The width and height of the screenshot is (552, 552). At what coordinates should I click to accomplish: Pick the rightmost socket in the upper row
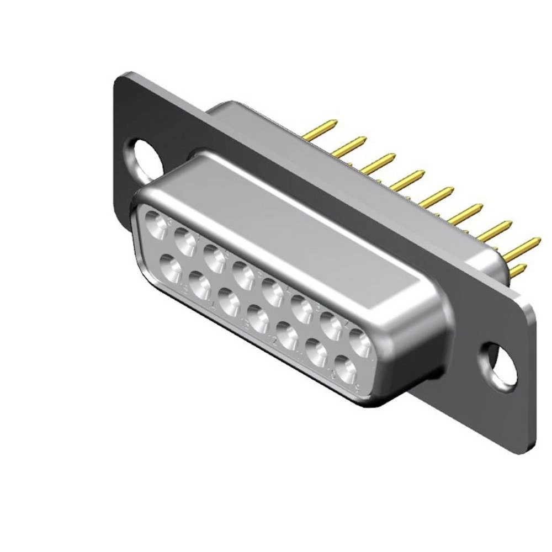[359, 341]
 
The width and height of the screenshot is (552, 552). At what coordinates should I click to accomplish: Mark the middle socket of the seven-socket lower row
[258, 318]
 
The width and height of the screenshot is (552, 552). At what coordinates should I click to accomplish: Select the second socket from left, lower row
[199, 284]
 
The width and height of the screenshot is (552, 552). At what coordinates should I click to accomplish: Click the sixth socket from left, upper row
[301, 308]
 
